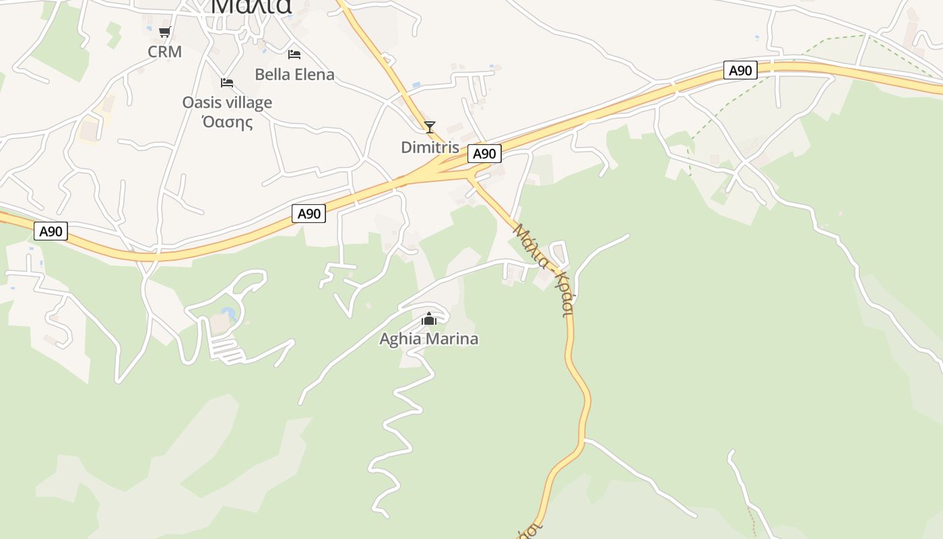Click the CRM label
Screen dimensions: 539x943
pos(165,52)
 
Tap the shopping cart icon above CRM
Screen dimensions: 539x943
pos(165,32)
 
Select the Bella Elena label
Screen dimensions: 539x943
pos(294,74)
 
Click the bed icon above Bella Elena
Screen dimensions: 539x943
pos(294,54)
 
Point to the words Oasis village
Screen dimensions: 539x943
pos(227,102)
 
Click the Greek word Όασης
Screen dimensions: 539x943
pos(227,122)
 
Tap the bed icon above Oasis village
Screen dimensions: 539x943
pos(227,82)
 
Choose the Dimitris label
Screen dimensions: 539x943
pos(430,147)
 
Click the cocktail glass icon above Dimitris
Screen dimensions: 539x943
pos(430,127)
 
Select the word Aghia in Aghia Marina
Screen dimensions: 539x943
pos(399,339)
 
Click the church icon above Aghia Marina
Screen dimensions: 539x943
pos(429,319)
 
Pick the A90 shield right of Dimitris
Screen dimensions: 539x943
pos(484,154)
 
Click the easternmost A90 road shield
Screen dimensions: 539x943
pos(740,70)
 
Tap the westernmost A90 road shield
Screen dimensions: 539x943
pos(51,231)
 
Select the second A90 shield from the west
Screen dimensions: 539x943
pos(309,214)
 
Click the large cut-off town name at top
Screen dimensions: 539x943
pos(251,7)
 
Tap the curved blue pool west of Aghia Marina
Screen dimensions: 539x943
pos(230,313)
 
